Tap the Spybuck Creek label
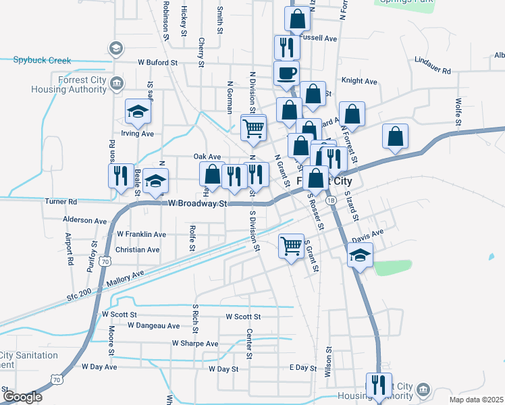(42, 60)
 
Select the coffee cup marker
(286, 73)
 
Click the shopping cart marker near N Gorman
(254, 127)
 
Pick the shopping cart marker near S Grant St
(291, 246)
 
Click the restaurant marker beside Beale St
(121, 175)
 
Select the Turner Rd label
(61, 201)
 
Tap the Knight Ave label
(359, 81)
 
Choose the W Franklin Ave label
(141, 234)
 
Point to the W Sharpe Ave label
(194, 344)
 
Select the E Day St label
(302, 367)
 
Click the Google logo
(22, 397)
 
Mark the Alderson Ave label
(84, 221)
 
